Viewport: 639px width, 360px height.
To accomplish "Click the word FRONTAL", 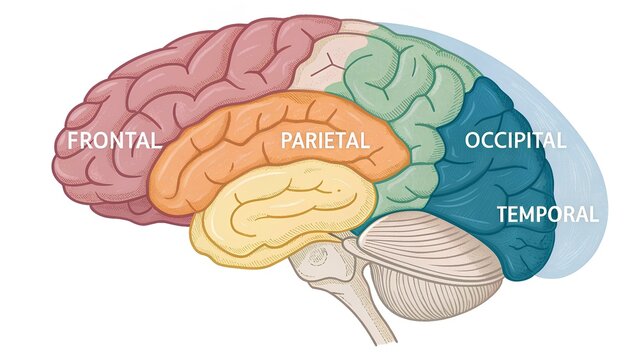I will click(x=114, y=141).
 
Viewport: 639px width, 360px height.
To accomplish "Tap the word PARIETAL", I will click(x=325, y=141).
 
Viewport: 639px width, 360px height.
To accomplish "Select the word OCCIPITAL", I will click(x=515, y=141).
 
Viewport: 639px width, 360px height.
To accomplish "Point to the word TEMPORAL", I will click(x=547, y=214).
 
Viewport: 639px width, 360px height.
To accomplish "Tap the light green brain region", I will click(x=400, y=90).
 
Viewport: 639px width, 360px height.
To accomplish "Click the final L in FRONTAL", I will click(x=155, y=141).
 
